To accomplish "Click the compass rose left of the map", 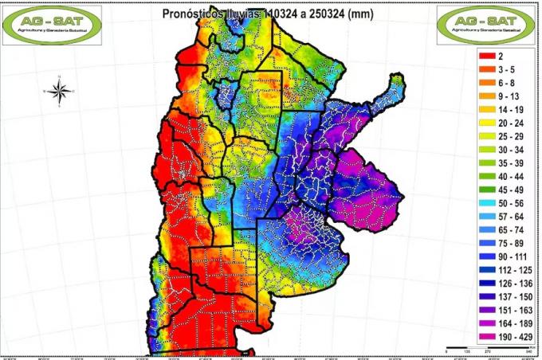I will pos(59,91).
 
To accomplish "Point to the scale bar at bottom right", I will pos(477,348).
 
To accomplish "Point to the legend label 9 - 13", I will pos(508,96).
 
